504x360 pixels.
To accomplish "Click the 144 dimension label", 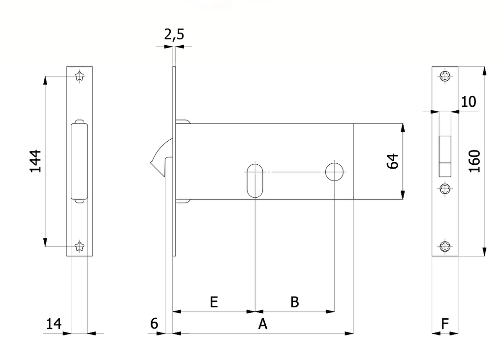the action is (35, 161).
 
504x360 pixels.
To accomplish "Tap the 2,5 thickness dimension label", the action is (174, 34).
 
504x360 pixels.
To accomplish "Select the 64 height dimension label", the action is (392, 161).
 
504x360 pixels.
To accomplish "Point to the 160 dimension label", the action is (474, 161).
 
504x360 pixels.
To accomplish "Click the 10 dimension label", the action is (469, 102).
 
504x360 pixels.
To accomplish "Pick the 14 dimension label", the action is (54, 324).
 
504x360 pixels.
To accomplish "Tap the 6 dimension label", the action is (154, 324).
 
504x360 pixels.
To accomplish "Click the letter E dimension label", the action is (214, 302).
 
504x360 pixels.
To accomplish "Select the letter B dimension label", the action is (294, 302).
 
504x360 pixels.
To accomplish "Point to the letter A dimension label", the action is (263, 325).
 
